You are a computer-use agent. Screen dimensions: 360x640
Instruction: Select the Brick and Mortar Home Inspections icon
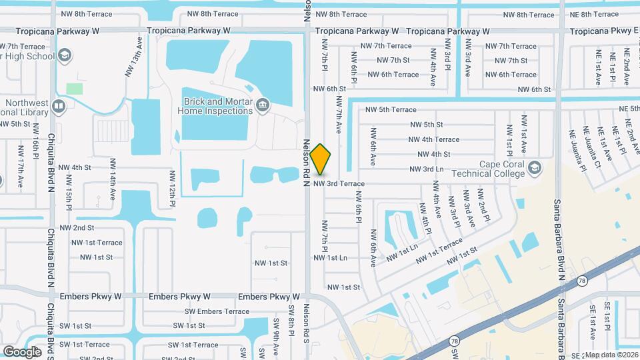pos(263,105)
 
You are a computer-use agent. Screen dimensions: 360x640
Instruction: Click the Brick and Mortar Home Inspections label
pos(215,107)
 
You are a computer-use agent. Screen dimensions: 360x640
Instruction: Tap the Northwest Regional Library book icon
pos(58,106)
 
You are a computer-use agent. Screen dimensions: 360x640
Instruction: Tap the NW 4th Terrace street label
pos(434,139)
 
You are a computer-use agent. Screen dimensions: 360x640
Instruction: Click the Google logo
pos(22,351)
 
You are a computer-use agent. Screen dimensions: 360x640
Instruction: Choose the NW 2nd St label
pos(77,228)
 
